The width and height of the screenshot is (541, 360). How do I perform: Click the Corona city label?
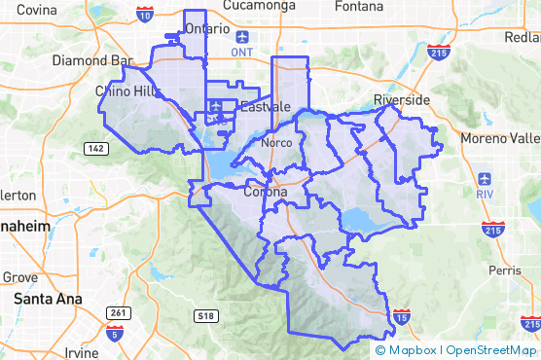click(x=265, y=192)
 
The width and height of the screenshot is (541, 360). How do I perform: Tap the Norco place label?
click(x=277, y=143)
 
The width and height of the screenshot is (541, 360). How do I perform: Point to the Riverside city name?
click(x=402, y=100)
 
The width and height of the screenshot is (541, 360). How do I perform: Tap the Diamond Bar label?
click(x=91, y=59)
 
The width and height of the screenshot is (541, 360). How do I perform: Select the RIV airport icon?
click(x=485, y=180)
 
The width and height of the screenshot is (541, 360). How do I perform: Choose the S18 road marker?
click(x=204, y=315)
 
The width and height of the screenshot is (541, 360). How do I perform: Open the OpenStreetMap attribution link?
click(x=492, y=350)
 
